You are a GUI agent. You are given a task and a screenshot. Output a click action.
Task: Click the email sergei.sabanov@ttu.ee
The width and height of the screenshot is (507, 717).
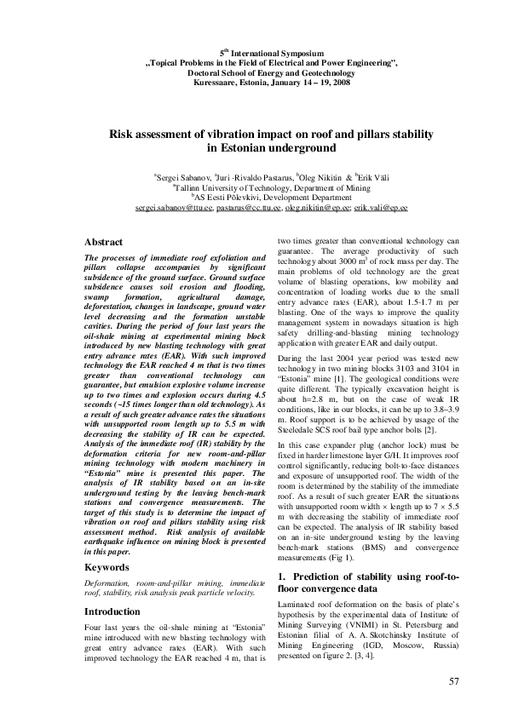click(174, 208)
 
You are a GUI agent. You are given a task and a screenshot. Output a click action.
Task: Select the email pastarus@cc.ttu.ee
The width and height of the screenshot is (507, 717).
click(248, 208)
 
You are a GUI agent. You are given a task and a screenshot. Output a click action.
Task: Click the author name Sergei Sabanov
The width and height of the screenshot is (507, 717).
click(182, 177)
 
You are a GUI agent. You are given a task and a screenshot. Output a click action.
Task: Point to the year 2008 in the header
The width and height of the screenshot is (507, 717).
click(339, 83)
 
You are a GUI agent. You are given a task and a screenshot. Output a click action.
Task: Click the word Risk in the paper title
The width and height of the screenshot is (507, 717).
click(124, 135)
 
